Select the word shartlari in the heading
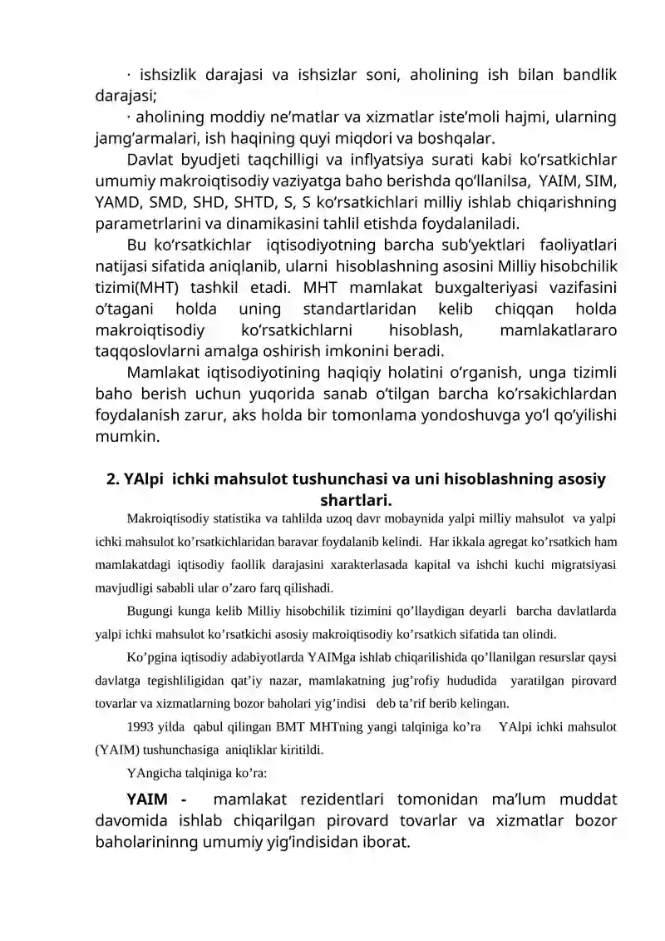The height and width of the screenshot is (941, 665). pos(356,501)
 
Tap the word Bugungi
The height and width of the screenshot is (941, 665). pos(150,612)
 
